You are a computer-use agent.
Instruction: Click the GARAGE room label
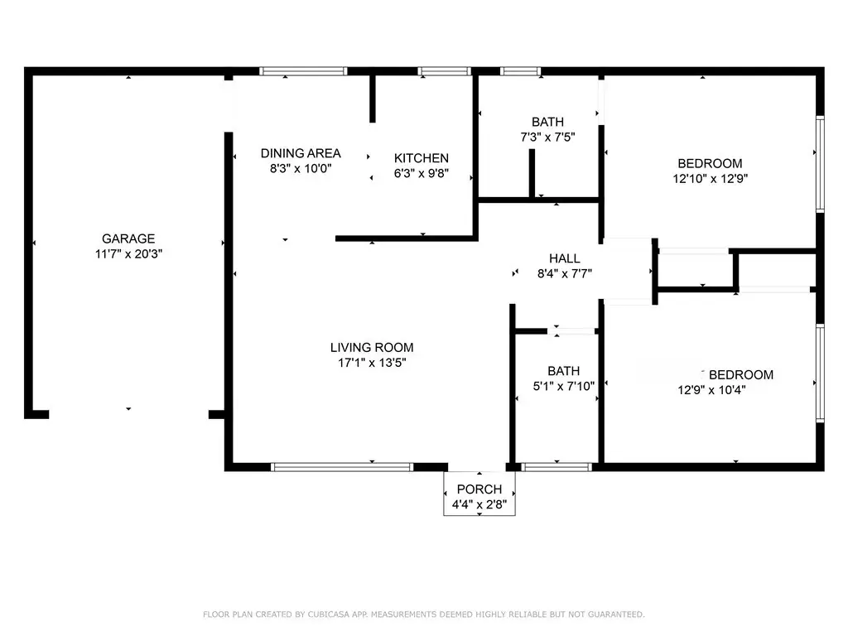(128, 238)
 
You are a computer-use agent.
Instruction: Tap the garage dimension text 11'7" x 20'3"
(128, 253)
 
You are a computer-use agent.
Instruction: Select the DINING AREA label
(301, 153)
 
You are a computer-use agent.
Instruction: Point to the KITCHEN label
(422, 158)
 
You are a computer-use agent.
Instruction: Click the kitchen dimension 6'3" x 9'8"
(422, 173)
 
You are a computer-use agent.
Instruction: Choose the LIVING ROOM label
(372, 347)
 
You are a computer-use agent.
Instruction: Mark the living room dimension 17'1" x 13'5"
(372, 363)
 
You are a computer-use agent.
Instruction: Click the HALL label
(565, 258)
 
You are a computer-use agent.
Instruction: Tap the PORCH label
(479, 489)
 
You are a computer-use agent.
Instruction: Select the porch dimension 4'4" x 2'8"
(479, 504)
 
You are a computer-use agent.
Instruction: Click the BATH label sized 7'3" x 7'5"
(547, 122)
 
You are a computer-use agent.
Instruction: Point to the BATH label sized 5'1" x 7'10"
(563, 371)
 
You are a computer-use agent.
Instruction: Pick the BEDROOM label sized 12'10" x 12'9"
(710, 163)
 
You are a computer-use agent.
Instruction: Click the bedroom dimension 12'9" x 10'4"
(711, 390)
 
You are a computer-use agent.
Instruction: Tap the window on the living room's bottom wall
(342, 467)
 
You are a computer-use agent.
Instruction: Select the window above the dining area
(303, 71)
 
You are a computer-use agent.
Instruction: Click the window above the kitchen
(444, 71)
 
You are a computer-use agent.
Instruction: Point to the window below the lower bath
(556, 467)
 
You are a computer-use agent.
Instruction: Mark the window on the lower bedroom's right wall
(821, 373)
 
